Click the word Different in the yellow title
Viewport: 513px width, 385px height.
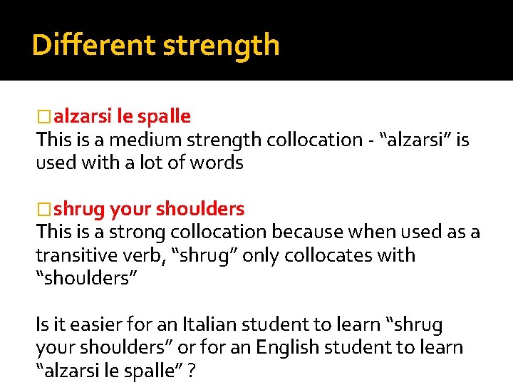[x=93, y=45]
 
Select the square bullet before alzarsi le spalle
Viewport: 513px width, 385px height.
[x=44, y=116]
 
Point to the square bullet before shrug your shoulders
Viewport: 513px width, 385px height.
[x=44, y=210]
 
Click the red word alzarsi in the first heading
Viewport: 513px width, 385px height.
[x=80, y=115]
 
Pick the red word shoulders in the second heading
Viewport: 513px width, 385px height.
[x=200, y=209]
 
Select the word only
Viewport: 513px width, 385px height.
[x=261, y=255]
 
